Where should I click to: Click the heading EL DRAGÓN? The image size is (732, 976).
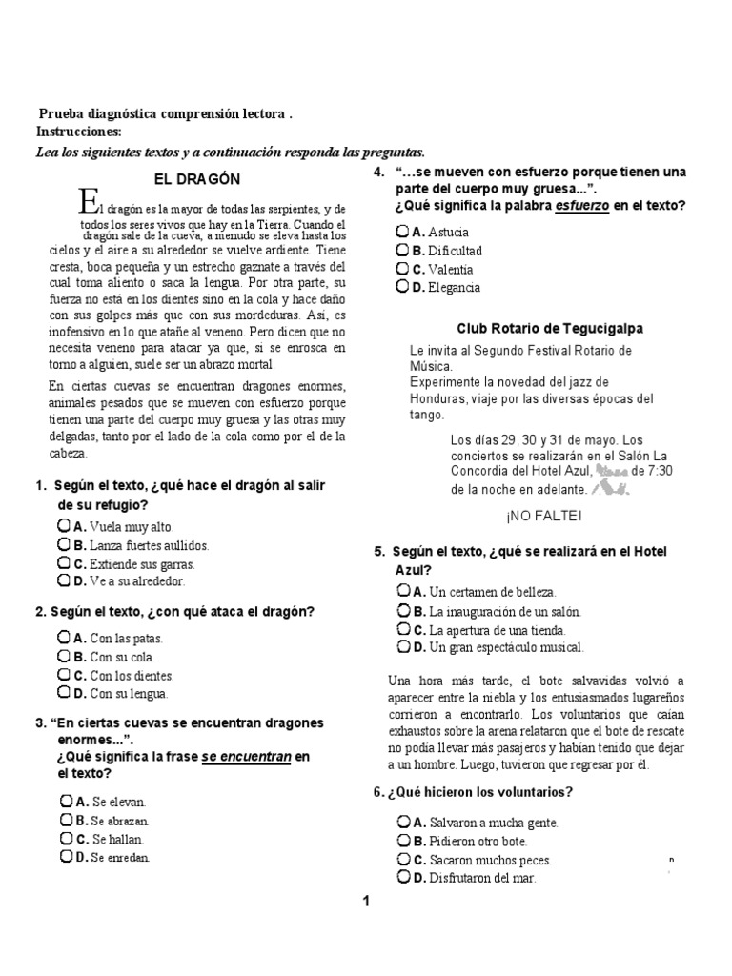pyautogui.click(x=197, y=178)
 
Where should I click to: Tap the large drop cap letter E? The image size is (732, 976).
pyautogui.click(x=89, y=201)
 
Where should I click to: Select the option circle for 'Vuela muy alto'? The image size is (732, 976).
pyautogui.click(x=64, y=525)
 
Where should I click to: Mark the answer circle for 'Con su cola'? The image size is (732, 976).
pyautogui.click(x=64, y=656)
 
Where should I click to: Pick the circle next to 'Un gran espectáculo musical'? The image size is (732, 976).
pyautogui.click(x=403, y=646)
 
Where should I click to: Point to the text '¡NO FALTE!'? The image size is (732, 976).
pyautogui.click(x=543, y=516)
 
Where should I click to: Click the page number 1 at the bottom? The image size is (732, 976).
pyautogui.click(x=365, y=902)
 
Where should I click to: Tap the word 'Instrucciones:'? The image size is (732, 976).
pyautogui.click(x=79, y=132)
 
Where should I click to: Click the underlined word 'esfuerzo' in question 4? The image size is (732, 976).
pyautogui.click(x=583, y=206)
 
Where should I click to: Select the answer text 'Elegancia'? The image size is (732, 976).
pyautogui.click(x=455, y=287)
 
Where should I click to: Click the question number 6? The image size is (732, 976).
pyautogui.click(x=378, y=792)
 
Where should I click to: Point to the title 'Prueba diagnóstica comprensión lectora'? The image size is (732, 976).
pyautogui.click(x=162, y=113)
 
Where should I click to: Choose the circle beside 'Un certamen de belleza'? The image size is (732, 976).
pyautogui.click(x=403, y=591)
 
